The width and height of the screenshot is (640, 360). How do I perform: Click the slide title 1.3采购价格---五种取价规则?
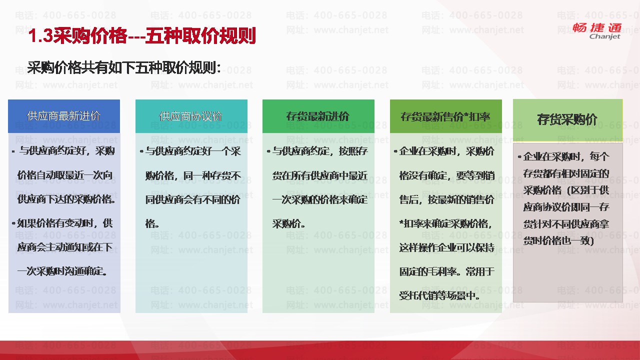142,36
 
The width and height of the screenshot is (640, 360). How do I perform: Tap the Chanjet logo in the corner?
597,31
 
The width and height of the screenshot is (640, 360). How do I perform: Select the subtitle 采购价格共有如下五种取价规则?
124,68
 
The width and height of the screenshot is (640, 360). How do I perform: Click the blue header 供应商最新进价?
63,116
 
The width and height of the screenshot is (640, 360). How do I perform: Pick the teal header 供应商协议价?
191,116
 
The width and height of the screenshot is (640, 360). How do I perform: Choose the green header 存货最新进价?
317,116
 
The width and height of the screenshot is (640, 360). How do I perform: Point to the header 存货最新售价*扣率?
445,116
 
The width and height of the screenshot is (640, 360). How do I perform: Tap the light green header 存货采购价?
567,119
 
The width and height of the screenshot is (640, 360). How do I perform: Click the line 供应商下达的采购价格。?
66,199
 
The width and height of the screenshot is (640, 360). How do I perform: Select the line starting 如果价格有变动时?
62,223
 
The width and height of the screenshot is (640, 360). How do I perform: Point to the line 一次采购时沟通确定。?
62,271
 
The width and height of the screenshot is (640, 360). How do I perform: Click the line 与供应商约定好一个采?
190,151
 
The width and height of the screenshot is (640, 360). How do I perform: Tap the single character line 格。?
152,223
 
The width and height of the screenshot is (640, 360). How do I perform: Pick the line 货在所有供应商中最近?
320,175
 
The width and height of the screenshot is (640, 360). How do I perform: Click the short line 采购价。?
289,223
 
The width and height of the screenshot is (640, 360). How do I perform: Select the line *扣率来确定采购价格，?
445,223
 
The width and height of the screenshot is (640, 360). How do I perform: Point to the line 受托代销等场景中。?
439,295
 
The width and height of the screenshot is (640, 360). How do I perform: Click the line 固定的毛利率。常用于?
447,271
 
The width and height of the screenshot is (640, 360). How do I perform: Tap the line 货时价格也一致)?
558,240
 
